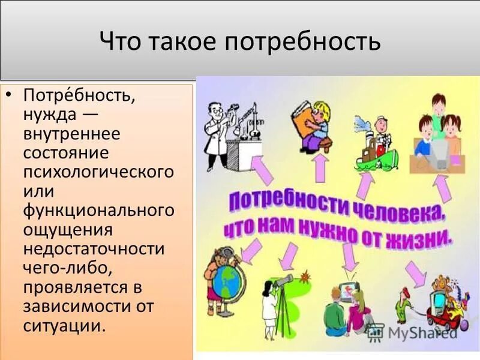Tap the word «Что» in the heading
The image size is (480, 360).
click(119, 42)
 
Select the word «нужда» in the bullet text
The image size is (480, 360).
click(49, 113)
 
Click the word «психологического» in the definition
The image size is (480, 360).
click(98, 172)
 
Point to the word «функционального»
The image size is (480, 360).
click(98, 211)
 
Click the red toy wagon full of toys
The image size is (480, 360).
click(438, 306)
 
